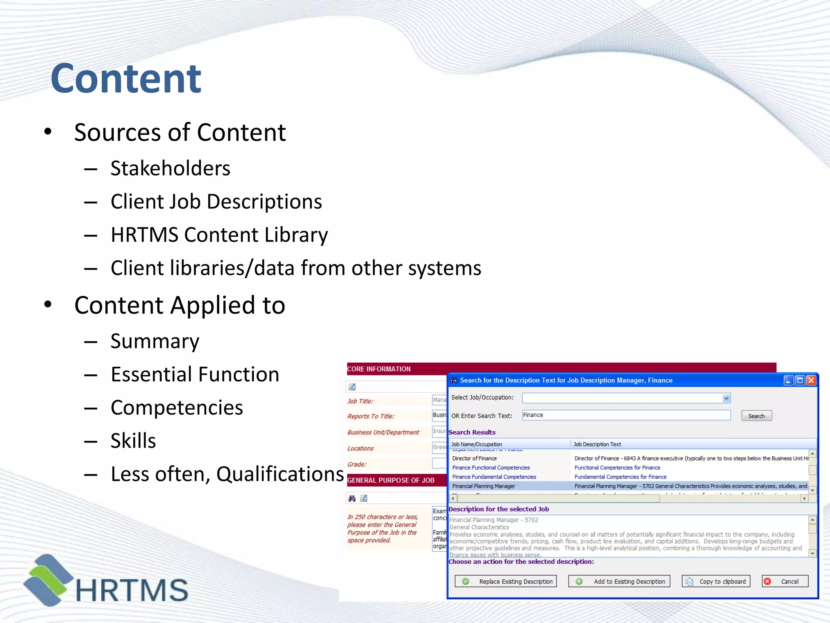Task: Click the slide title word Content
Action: click(126, 79)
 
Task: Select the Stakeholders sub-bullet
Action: click(170, 168)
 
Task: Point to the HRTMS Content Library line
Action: click(219, 235)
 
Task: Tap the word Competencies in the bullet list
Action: click(177, 408)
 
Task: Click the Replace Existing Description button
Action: click(506, 581)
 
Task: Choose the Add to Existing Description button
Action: click(619, 581)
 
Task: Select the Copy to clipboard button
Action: click(716, 581)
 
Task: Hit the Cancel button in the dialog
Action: click(785, 581)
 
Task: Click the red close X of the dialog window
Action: click(811, 380)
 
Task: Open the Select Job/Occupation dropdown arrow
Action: click(726, 398)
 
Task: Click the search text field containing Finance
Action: click(626, 415)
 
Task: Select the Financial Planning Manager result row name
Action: click(483, 486)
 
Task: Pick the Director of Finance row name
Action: click(474, 458)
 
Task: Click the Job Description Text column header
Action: click(597, 444)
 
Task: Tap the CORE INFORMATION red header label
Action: click(379, 369)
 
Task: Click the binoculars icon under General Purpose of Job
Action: click(352, 498)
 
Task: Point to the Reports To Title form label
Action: click(371, 416)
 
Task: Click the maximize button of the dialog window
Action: click(800, 380)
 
